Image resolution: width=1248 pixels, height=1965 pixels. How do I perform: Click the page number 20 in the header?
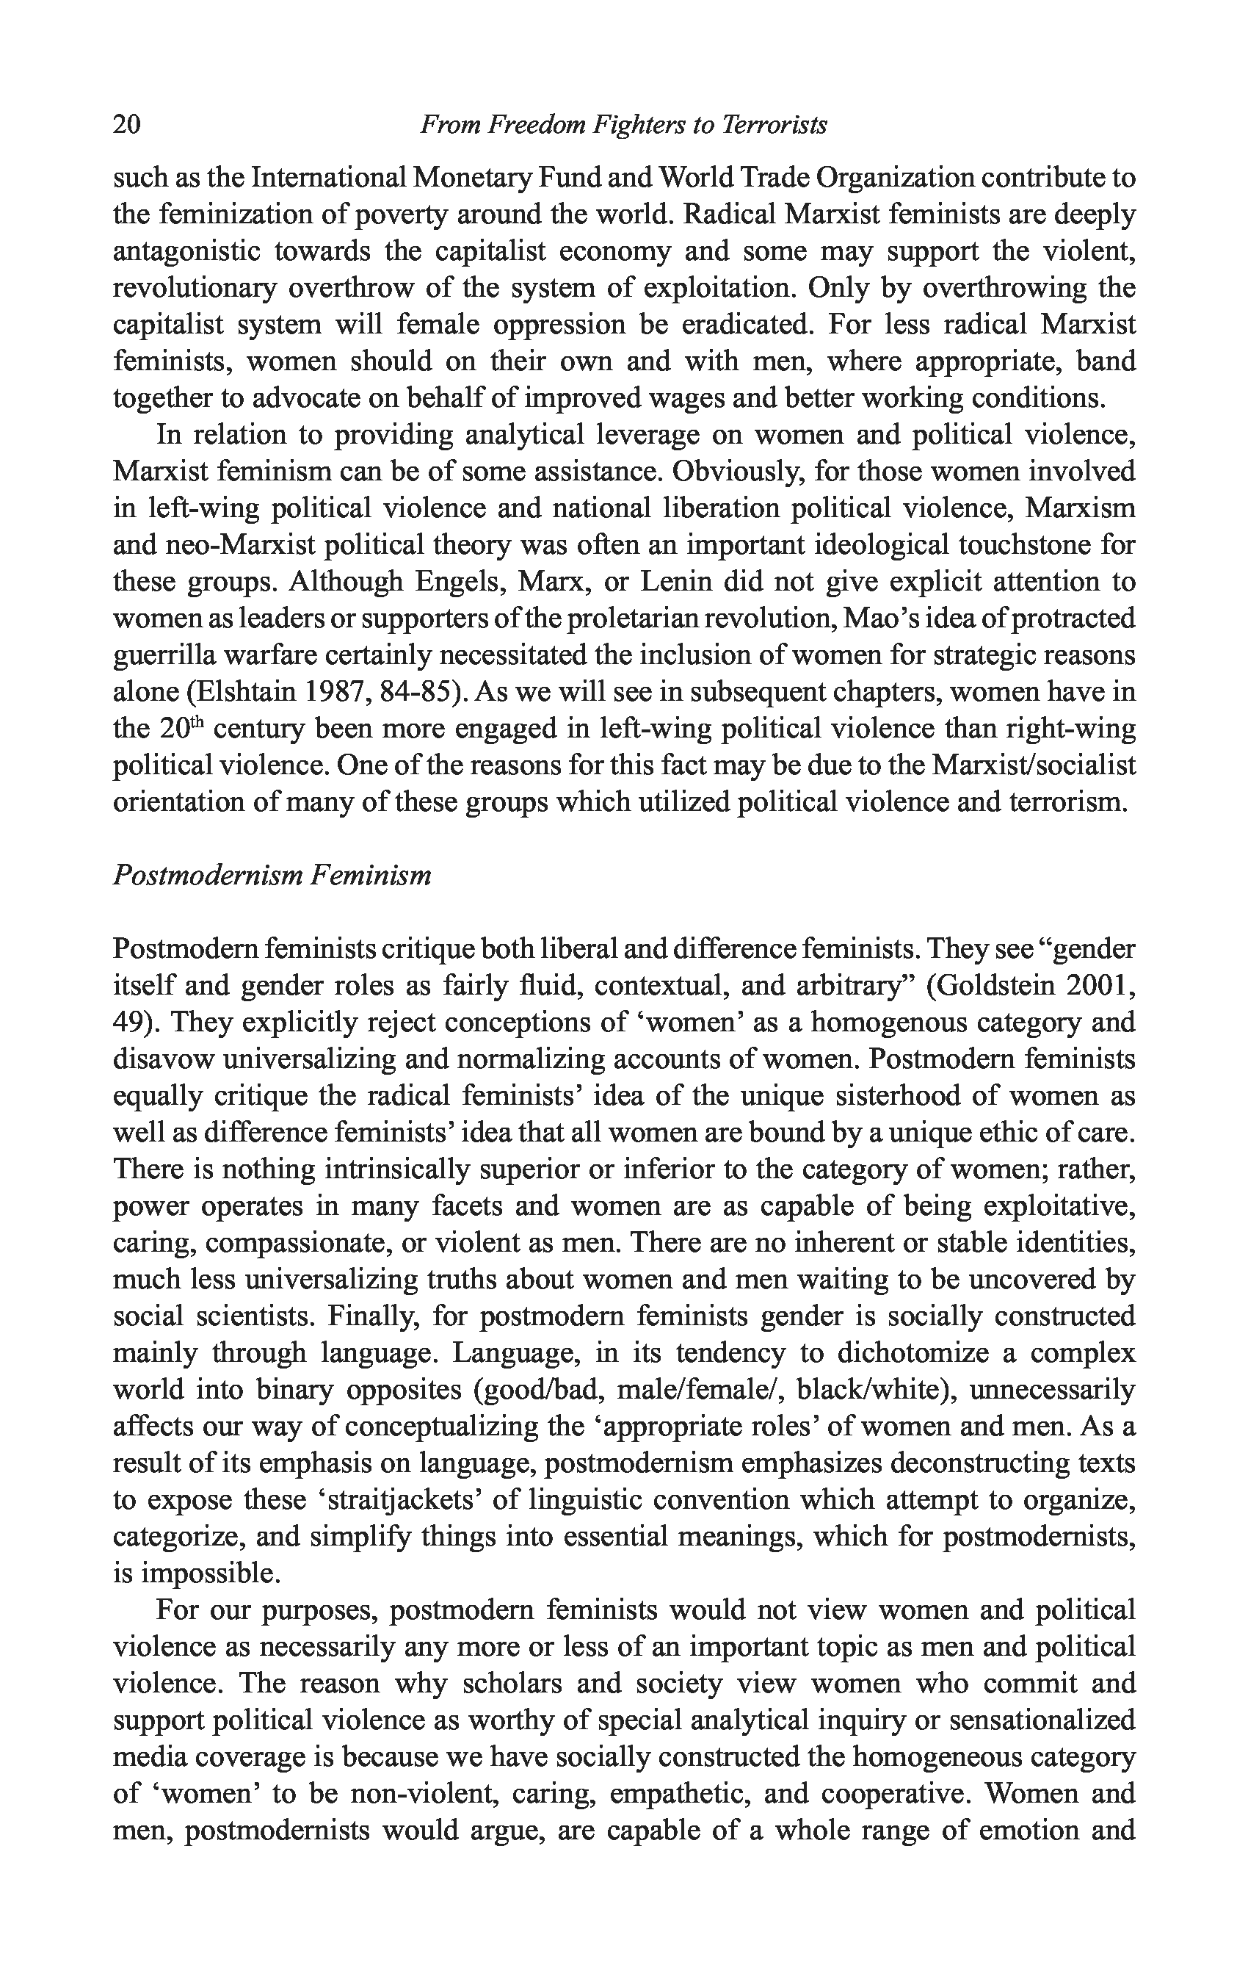tap(127, 124)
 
